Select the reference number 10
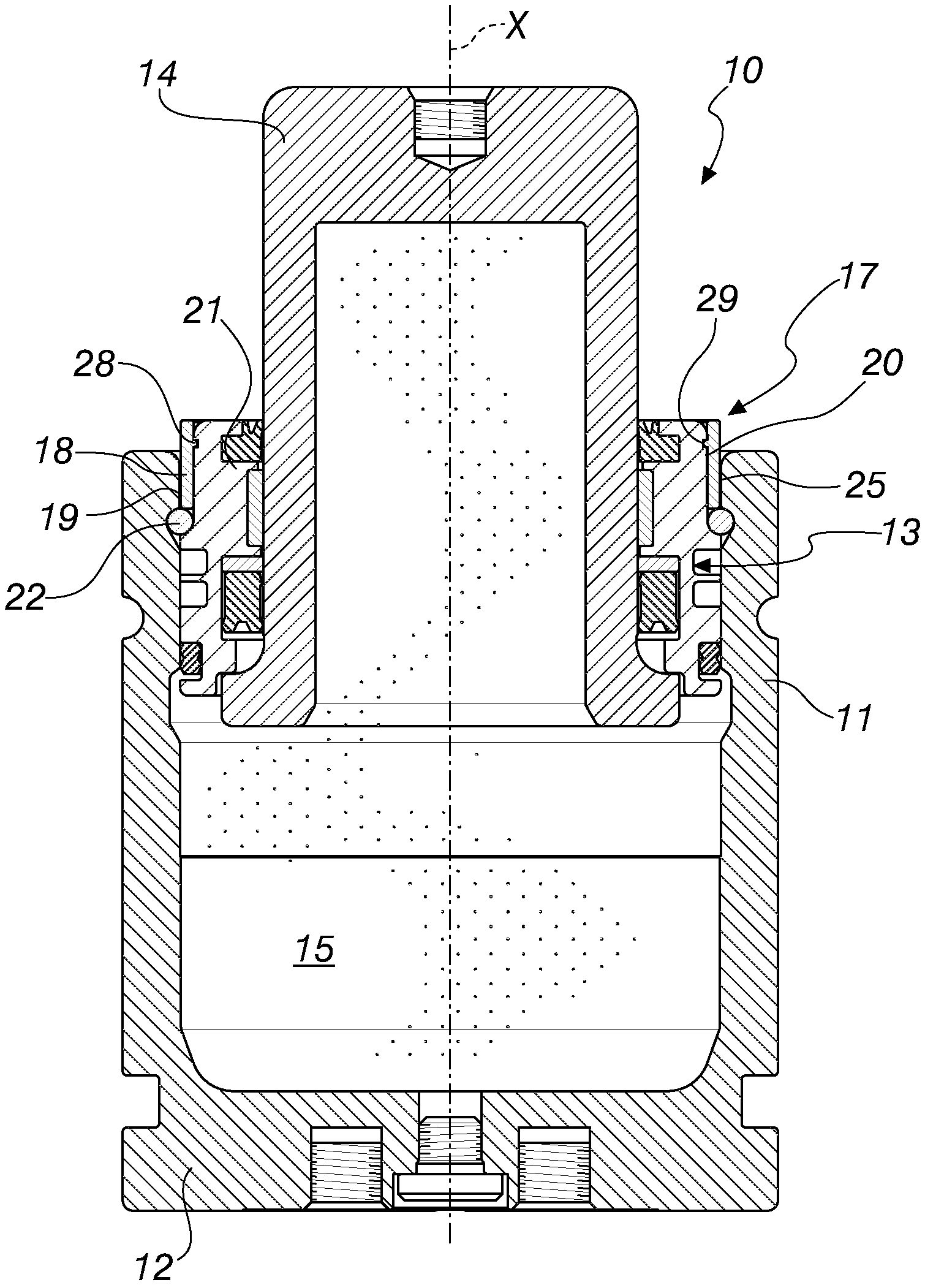coord(742,71)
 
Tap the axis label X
coord(516,27)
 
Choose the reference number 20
coord(882,363)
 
